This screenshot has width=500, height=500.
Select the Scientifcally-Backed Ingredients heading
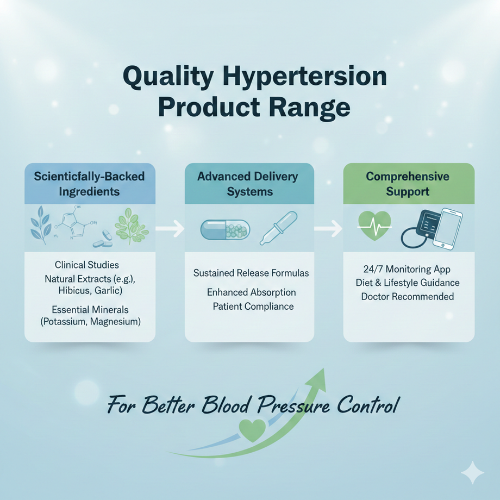[90, 184]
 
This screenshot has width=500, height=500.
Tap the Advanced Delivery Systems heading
[248, 184]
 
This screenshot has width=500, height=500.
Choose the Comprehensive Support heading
[408, 184]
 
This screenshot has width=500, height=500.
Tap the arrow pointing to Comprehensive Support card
[329, 228]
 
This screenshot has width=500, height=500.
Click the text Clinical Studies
[87, 265]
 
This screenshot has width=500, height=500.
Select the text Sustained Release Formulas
[251, 273]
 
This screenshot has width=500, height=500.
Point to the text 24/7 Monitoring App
[407, 269]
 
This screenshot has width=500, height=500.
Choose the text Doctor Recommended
[408, 297]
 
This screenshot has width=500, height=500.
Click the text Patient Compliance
[253, 307]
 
